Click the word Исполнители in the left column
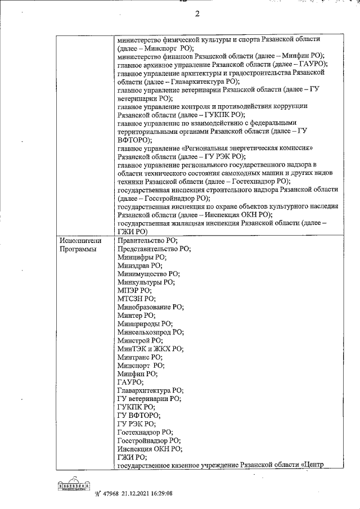point(79,240)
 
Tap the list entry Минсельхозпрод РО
point(150,332)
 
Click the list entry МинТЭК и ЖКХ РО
point(150,349)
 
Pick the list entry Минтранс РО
point(141,357)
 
